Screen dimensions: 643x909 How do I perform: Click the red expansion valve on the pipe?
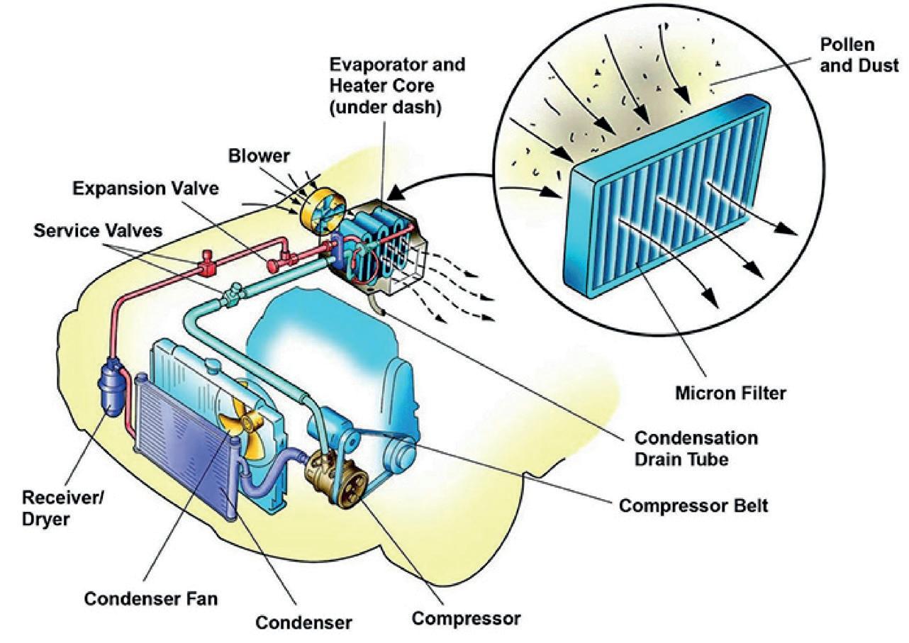pos(274,264)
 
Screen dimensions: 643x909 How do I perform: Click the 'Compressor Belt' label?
pos(693,507)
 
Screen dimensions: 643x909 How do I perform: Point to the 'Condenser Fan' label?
pos(150,598)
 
